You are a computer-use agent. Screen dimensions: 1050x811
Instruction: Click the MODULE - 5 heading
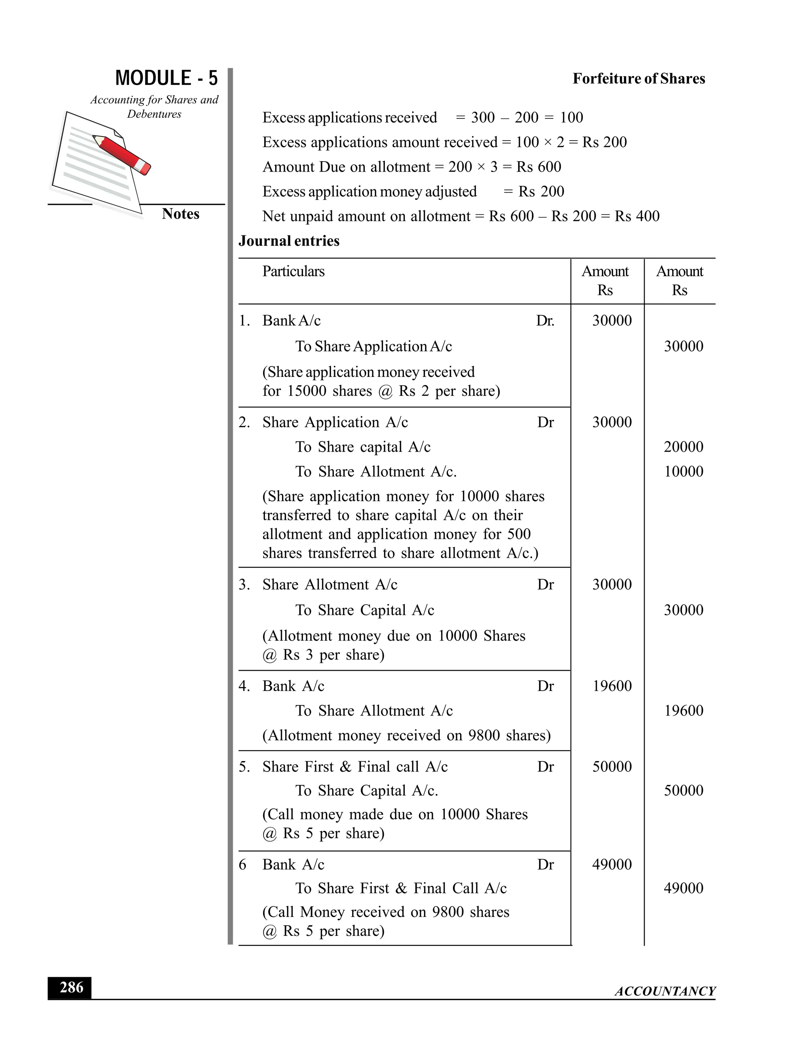166,78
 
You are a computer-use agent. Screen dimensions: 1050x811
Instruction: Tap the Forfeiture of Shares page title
638,78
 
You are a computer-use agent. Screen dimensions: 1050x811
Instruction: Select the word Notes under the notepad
180,214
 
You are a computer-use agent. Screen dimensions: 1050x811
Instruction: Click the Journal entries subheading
289,241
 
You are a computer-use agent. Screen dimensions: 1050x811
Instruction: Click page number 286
70,987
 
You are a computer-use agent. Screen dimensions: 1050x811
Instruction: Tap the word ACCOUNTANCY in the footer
665,991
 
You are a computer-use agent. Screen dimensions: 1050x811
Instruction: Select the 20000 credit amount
683,447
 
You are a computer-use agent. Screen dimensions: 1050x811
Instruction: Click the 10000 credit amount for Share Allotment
683,471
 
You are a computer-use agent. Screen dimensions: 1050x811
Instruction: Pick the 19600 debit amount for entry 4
611,685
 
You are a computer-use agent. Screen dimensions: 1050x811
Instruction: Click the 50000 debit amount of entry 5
611,766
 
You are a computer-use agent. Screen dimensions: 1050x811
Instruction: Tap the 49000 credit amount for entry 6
683,888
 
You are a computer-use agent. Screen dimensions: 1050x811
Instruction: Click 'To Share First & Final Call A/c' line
401,888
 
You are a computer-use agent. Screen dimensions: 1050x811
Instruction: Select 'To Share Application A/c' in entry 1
373,346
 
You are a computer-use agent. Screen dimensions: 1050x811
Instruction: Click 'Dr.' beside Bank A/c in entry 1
545,321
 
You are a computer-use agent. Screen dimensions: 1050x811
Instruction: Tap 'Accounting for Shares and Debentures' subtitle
154,107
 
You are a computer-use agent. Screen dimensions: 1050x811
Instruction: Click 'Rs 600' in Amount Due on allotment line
539,167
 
